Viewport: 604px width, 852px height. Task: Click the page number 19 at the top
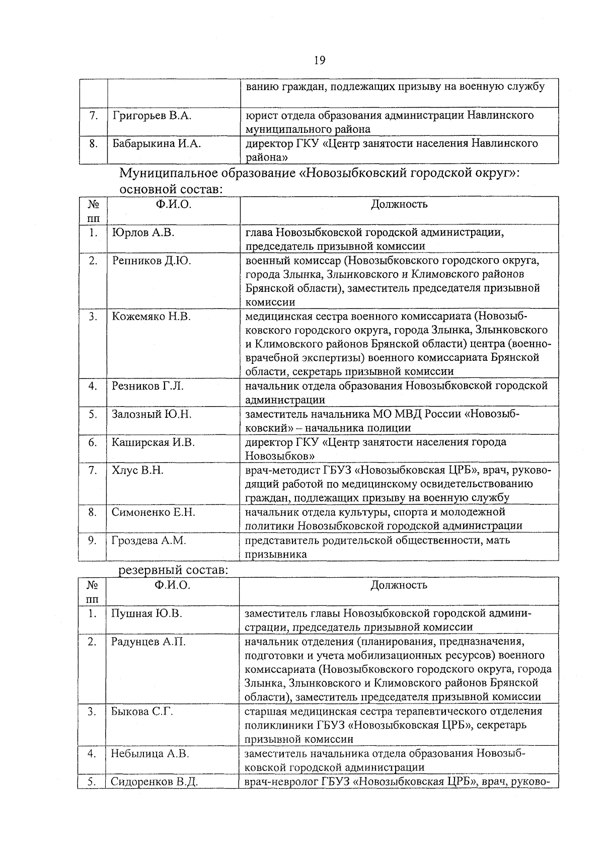pyautogui.click(x=320, y=61)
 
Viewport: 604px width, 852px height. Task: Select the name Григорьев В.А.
pyautogui.click(x=152, y=116)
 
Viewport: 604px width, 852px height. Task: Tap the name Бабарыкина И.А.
pyautogui.click(x=156, y=144)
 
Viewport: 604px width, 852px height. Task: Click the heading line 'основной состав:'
pyautogui.click(x=171, y=190)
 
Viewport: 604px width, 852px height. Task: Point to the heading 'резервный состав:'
pyautogui.click(x=173, y=571)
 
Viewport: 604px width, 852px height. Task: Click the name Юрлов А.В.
pyautogui.click(x=143, y=233)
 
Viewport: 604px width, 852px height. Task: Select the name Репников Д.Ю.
pyautogui.click(x=152, y=261)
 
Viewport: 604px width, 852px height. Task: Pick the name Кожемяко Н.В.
pyautogui.click(x=151, y=317)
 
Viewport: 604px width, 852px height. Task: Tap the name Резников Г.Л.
pyautogui.click(x=147, y=386)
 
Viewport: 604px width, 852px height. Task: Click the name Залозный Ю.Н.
pyautogui.click(x=152, y=414)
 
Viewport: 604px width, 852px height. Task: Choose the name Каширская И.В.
pyautogui.click(x=153, y=442)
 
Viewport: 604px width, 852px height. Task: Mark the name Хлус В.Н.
pyautogui.click(x=137, y=471)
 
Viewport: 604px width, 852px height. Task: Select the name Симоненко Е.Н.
pyautogui.click(x=154, y=512)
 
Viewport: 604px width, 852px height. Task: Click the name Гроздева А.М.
pyautogui.click(x=149, y=540)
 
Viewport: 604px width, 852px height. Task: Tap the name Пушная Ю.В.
pyautogui.click(x=146, y=613)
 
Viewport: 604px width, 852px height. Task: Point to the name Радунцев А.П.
pyautogui.click(x=148, y=642)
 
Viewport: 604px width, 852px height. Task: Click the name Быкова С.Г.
pyautogui.click(x=142, y=712)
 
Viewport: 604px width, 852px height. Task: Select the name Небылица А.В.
pyautogui.click(x=150, y=753)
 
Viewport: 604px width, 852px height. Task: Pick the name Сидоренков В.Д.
pyautogui.click(x=154, y=782)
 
